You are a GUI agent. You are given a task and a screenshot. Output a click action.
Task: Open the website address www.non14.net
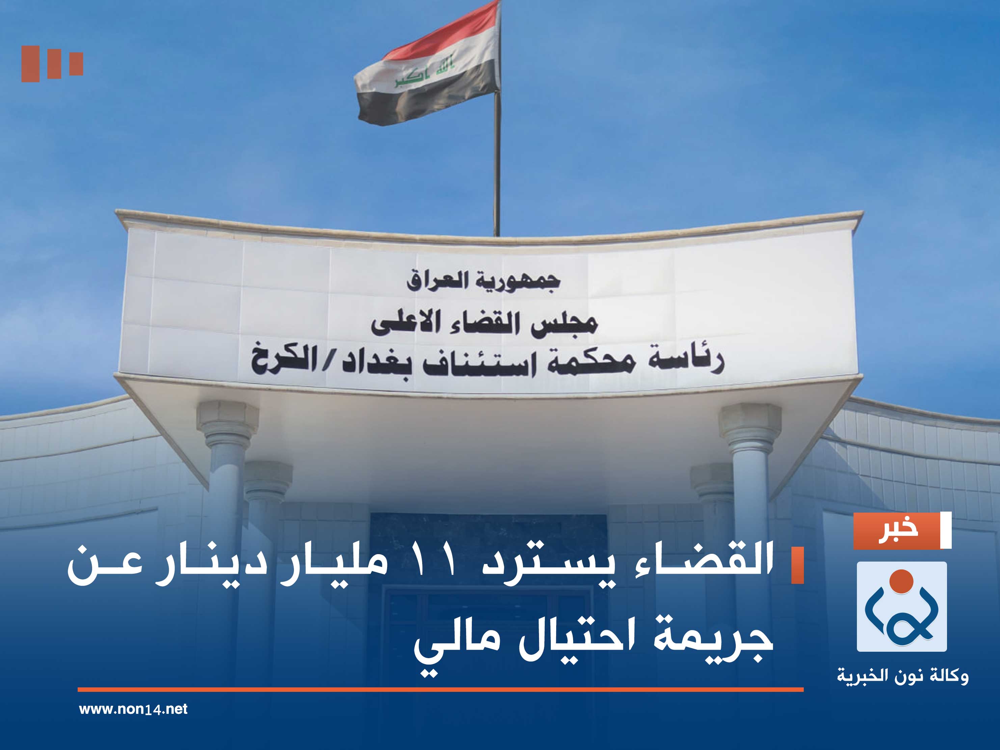[x=133, y=709]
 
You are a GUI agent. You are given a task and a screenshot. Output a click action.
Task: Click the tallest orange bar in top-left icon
[x=30, y=64]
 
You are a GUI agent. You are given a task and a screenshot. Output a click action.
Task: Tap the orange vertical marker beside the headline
[x=798, y=565]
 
